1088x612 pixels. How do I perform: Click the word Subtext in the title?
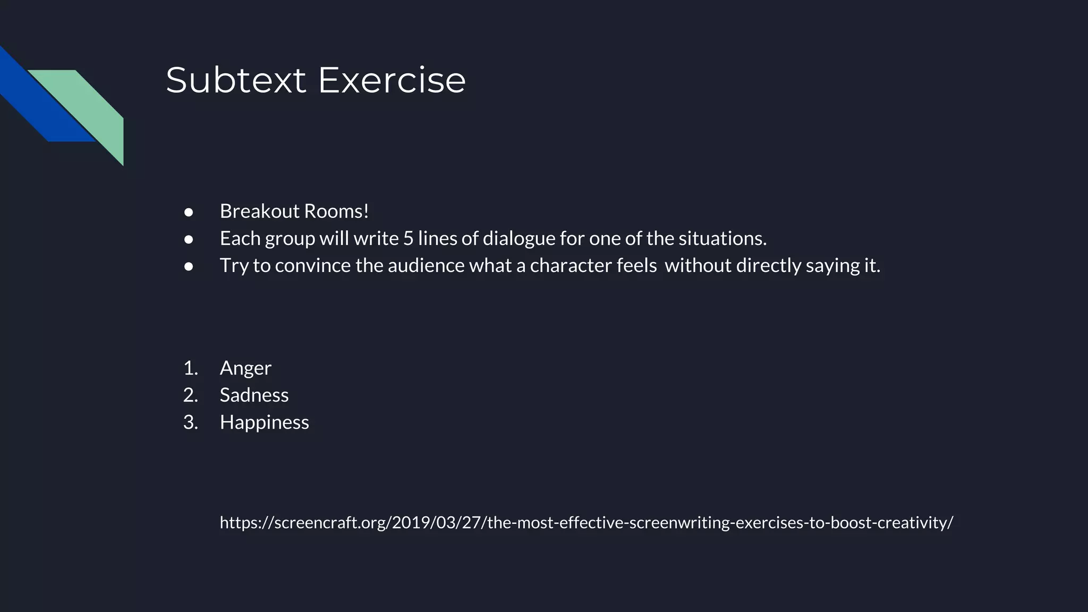(236, 81)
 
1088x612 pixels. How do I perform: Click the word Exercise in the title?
(392, 81)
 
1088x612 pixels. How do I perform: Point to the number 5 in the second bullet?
(407, 239)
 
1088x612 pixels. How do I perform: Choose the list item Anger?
(245, 368)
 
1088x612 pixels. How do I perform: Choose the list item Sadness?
(254, 395)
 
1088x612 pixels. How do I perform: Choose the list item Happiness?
(264, 422)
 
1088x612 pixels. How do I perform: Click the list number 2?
(190, 395)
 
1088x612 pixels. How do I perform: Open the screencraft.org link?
(586, 523)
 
